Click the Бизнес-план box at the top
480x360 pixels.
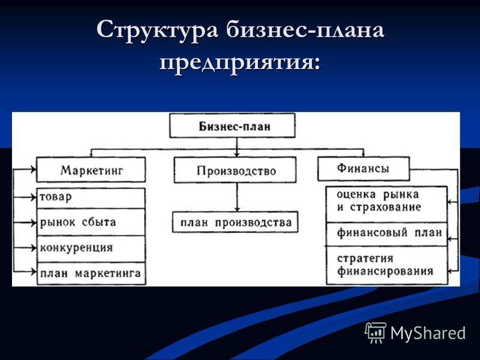232,125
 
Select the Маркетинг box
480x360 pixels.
91,170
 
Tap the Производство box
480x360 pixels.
235,170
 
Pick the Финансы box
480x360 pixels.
364,169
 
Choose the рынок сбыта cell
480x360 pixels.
91,222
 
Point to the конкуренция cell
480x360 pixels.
91,249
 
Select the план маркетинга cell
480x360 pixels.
91,274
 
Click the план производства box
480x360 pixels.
235,222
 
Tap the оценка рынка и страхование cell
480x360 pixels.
386,204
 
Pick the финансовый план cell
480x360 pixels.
386,234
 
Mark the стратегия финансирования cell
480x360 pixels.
386,265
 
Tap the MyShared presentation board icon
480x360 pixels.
376,332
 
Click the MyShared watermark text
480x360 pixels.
428,333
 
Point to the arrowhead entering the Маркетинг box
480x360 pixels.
34,169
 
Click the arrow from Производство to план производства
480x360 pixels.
236,197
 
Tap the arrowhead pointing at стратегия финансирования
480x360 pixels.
450,271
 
